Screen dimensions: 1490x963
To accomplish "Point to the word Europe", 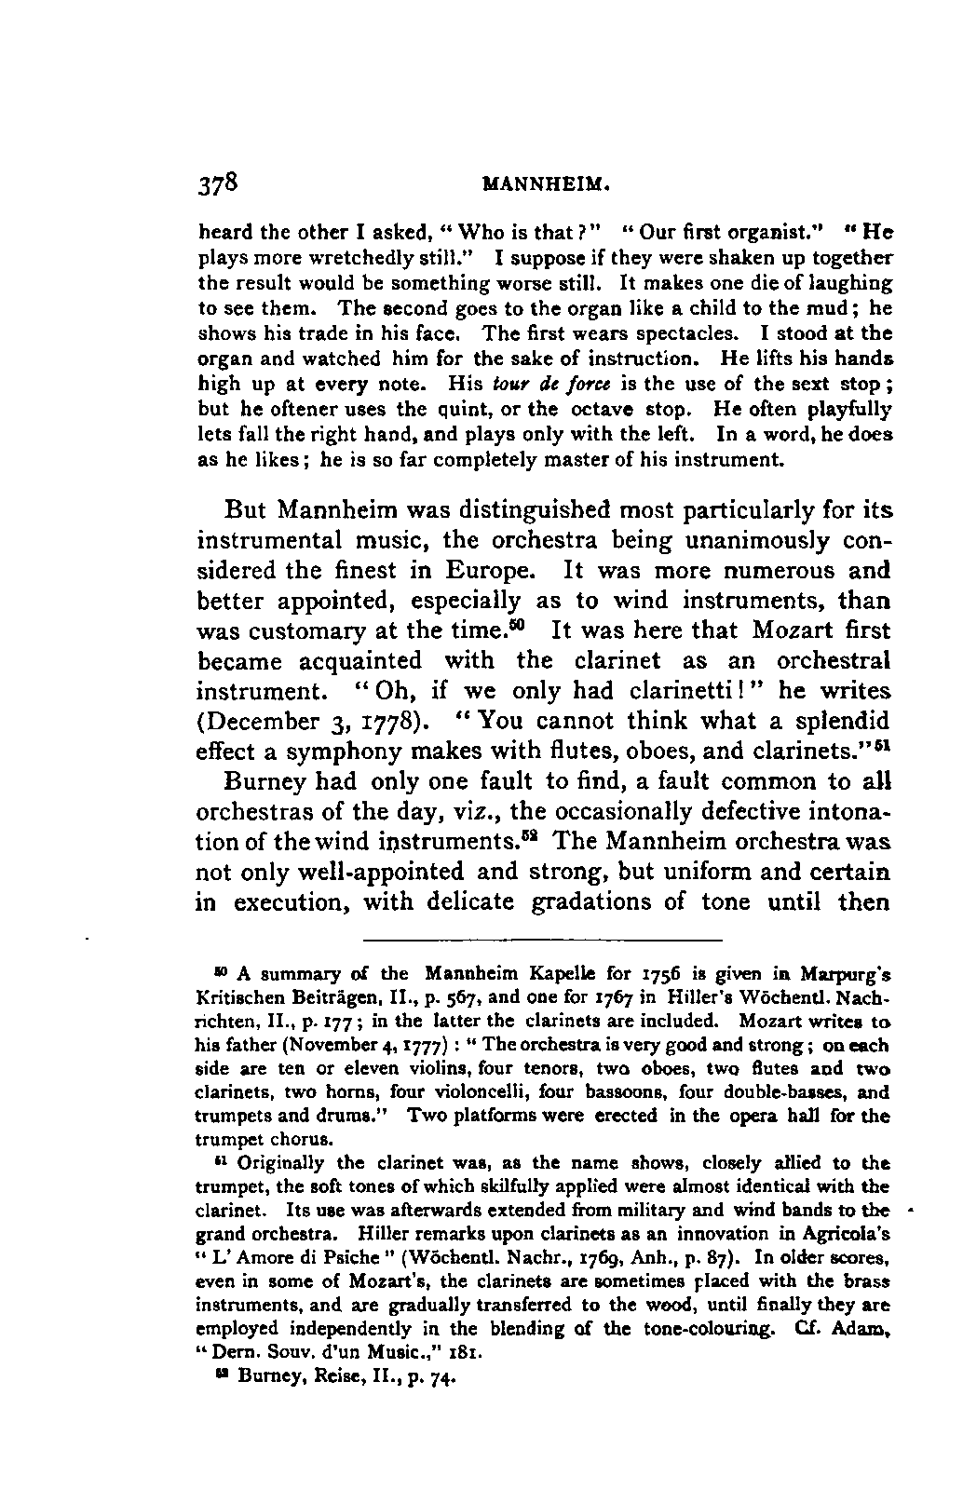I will coord(490,569).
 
